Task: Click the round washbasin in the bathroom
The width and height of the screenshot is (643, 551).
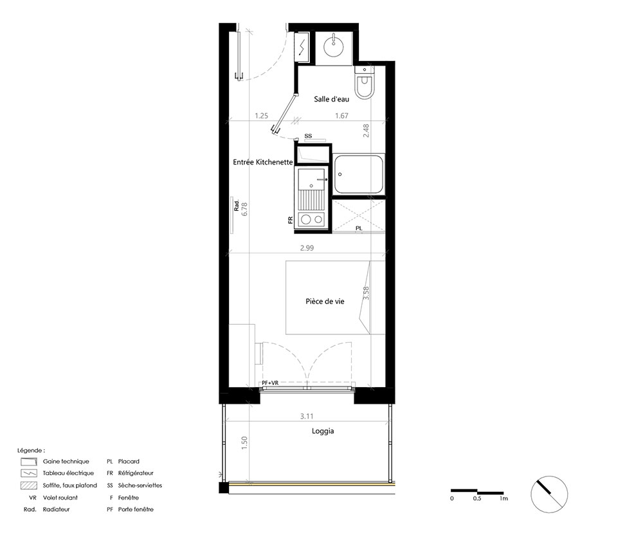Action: pyautogui.click(x=333, y=47)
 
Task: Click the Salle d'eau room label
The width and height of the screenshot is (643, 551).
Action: pyautogui.click(x=331, y=99)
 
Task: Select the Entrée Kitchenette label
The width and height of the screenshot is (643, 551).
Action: pyautogui.click(x=263, y=163)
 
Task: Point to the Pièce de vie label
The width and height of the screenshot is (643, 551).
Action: pyautogui.click(x=325, y=302)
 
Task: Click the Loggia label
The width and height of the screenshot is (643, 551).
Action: pyautogui.click(x=323, y=431)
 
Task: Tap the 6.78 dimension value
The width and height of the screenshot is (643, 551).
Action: pyautogui.click(x=245, y=209)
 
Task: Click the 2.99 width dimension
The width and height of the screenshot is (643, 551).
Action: pyautogui.click(x=307, y=248)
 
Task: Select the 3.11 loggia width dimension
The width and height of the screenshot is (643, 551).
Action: pyautogui.click(x=307, y=416)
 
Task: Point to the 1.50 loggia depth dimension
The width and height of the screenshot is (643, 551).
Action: pyautogui.click(x=244, y=443)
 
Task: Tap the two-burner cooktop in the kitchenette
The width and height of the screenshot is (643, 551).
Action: pyautogui.click(x=312, y=220)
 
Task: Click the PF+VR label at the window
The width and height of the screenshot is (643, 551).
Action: pyautogui.click(x=270, y=383)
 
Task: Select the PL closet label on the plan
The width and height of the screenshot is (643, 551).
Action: pyautogui.click(x=359, y=228)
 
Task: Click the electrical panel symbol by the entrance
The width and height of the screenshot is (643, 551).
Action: pyautogui.click(x=302, y=47)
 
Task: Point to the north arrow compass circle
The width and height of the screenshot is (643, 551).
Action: pyautogui.click(x=549, y=494)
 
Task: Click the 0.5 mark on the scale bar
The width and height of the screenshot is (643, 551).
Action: pyautogui.click(x=477, y=498)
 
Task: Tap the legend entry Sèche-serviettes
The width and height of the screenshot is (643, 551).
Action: pyautogui.click(x=140, y=485)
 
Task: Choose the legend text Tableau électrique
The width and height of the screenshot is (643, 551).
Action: pyautogui.click(x=68, y=473)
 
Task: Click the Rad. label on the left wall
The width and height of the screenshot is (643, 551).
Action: pyautogui.click(x=237, y=205)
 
